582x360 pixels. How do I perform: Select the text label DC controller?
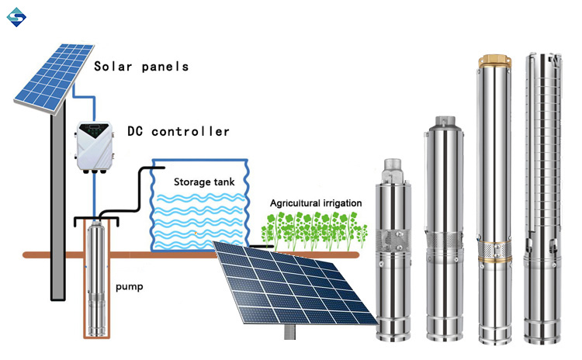[178, 132]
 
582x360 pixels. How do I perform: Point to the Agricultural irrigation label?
[315, 203]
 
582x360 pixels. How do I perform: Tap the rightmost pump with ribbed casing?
[540, 202]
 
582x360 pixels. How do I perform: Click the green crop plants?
[310, 230]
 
